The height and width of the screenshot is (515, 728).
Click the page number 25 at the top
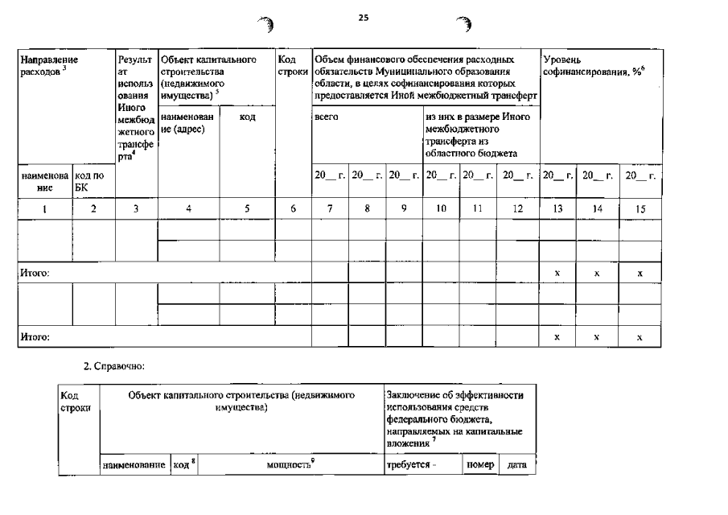(x=363, y=16)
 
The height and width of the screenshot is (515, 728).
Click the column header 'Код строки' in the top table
(x=289, y=65)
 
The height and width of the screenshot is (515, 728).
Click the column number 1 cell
(x=44, y=208)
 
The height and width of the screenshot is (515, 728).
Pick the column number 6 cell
(x=294, y=208)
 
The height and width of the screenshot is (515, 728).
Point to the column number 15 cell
(x=640, y=208)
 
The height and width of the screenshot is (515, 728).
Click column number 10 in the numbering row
(x=441, y=208)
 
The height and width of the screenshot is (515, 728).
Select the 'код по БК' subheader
(x=88, y=181)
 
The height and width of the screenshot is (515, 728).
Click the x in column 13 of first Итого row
(x=557, y=274)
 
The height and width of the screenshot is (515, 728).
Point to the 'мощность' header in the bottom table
(x=290, y=465)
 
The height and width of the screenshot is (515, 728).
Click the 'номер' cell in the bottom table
(x=480, y=464)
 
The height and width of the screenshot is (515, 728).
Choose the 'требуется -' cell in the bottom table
(x=410, y=465)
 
